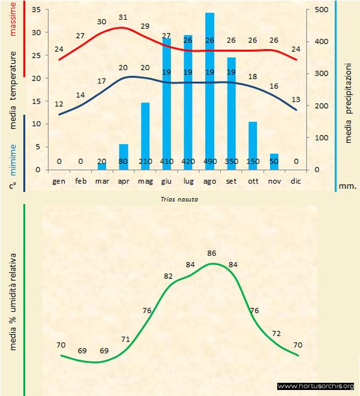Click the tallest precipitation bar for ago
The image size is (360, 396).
coord(210,90)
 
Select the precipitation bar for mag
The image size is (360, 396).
coord(145,136)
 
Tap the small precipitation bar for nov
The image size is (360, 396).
coord(274,161)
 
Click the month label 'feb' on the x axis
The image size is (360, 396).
coord(81,181)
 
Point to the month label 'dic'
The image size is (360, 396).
coord(295,181)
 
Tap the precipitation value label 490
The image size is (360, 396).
coord(210,161)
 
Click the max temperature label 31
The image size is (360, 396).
coord(123,17)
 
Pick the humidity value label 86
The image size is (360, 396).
coord(211,254)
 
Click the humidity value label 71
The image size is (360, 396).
coord(125,339)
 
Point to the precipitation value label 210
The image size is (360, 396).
coord(145,161)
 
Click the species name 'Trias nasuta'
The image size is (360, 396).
coord(180,199)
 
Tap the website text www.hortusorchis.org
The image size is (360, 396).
coord(316,386)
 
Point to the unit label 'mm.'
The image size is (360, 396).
coord(348,185)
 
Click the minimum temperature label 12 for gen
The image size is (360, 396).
coord(59,104)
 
